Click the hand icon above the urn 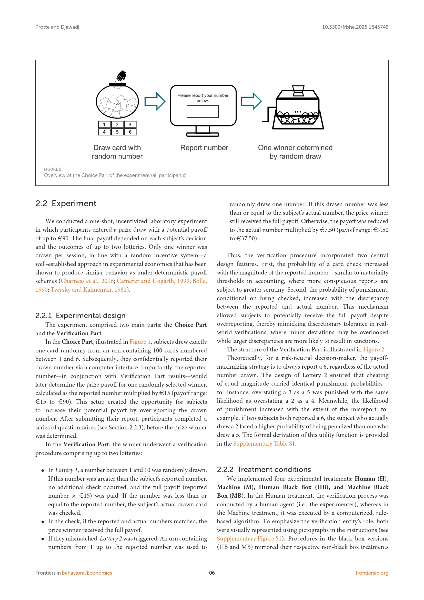[122, 76]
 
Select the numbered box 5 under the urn [117, 132]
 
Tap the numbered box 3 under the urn [130, 125]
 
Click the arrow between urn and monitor [155, 101]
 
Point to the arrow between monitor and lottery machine [251, 101]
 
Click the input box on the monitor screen [203, 112]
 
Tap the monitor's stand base [203, 135]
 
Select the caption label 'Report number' [204, 148]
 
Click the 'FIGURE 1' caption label [53, 169]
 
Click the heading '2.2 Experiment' [66, 204]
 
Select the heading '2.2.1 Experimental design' [80, 316]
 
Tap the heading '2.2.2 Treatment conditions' [264, 469]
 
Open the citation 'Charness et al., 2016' [87, 281]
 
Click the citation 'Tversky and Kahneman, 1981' [88, 290]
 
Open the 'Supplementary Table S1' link [264, 444]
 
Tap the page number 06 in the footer [212, 573]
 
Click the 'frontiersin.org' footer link [372, 573]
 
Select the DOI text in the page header [355, 27]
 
